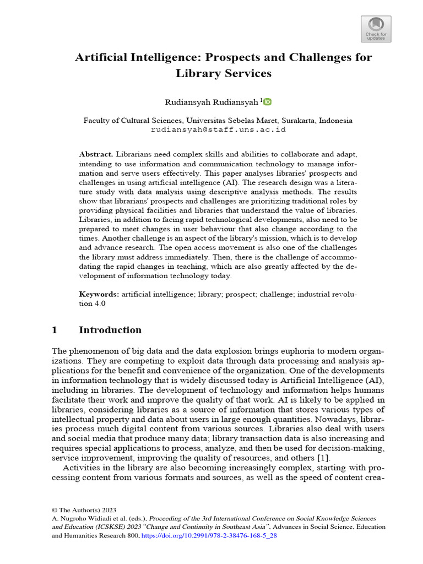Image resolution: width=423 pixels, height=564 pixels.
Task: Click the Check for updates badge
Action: (376, 29)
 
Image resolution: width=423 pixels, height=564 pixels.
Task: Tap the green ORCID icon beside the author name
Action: (268, 102)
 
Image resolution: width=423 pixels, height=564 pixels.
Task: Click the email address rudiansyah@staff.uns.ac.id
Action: (218, 130)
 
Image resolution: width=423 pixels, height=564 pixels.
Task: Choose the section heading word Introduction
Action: (110, 330)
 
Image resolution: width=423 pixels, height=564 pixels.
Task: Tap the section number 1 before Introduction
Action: (55, 330)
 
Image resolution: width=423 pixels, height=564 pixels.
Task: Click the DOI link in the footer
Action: (210, 535)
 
